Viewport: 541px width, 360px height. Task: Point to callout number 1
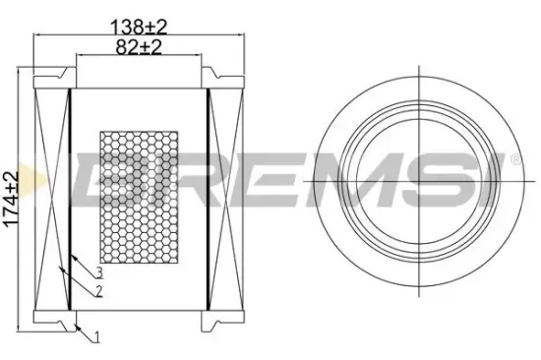[97, 337]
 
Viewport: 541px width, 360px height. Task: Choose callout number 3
[99, 272]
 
